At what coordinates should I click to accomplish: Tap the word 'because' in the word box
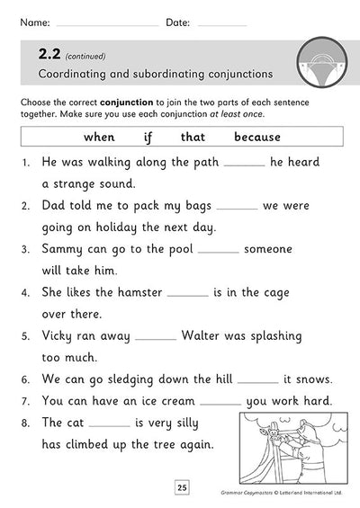pos(257,137)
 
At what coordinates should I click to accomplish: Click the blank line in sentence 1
pos(244,167)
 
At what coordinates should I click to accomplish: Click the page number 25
pos(181,487)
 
